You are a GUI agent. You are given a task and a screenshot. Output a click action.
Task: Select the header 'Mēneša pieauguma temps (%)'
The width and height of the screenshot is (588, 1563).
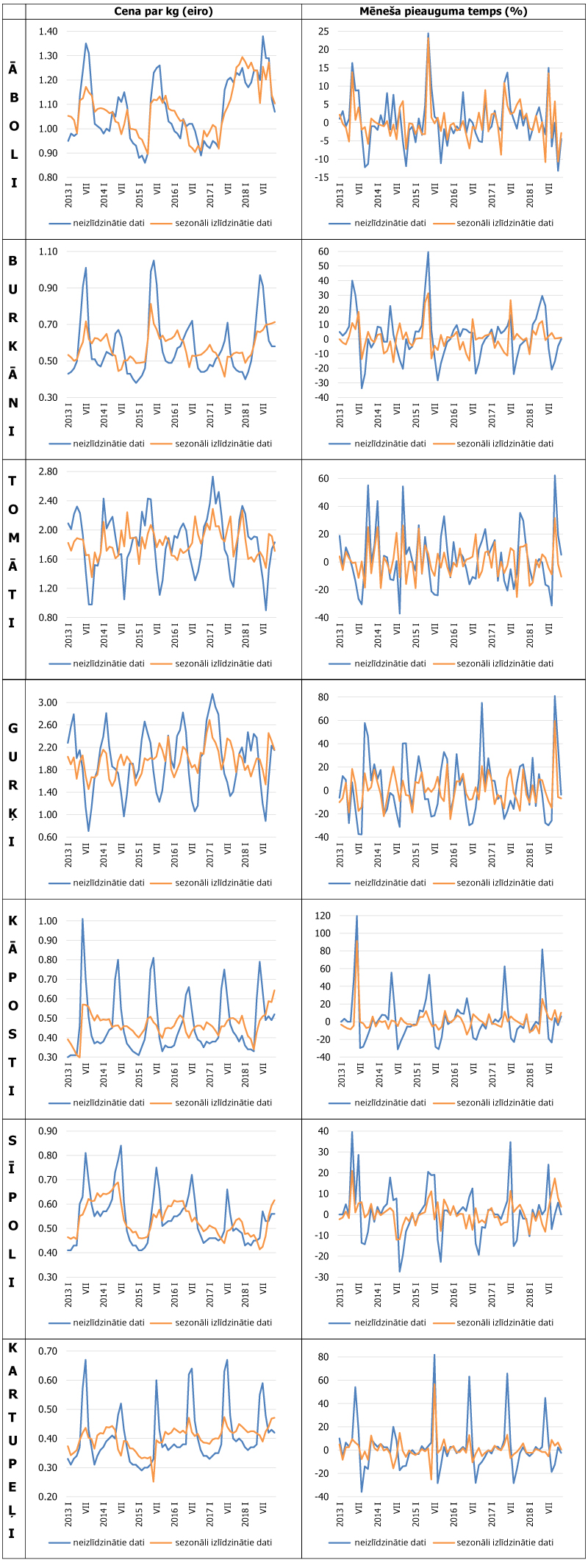click(x=443, y=11)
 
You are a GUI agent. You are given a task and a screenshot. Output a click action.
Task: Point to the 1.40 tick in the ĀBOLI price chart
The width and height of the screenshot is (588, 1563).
click(x=49, y=32)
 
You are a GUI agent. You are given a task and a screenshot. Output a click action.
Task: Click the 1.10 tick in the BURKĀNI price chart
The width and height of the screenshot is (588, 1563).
click(x=49, y=252)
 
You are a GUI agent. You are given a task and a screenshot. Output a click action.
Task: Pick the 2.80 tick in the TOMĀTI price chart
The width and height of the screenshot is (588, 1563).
click(x=49, y=471)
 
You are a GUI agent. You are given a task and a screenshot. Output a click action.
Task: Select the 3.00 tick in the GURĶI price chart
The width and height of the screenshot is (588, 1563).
click(x=49, y=702)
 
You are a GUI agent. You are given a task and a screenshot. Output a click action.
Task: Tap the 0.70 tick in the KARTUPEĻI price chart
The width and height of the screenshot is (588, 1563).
click(x=49, y=1351)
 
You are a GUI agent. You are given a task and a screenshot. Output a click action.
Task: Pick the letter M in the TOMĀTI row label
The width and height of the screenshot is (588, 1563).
click(x=13, y=538)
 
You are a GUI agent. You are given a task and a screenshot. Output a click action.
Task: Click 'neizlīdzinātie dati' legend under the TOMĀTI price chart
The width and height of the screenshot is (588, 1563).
click(x=109, y=663)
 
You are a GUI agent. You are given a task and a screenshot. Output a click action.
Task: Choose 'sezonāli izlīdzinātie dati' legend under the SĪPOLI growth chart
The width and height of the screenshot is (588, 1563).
click(x=505, y=1322)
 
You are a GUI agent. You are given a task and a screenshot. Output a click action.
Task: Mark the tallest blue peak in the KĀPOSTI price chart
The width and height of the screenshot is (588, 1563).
click(x=82, y=919)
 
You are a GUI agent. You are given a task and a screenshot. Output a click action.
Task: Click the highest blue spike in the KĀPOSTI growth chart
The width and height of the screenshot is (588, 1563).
click(x=356, y=916)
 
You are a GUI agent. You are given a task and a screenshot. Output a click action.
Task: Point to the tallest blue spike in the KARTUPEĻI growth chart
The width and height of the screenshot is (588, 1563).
click(x=434, y=1355)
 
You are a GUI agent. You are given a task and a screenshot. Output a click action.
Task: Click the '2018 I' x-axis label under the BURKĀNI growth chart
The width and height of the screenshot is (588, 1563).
click(x=530, y=416)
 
